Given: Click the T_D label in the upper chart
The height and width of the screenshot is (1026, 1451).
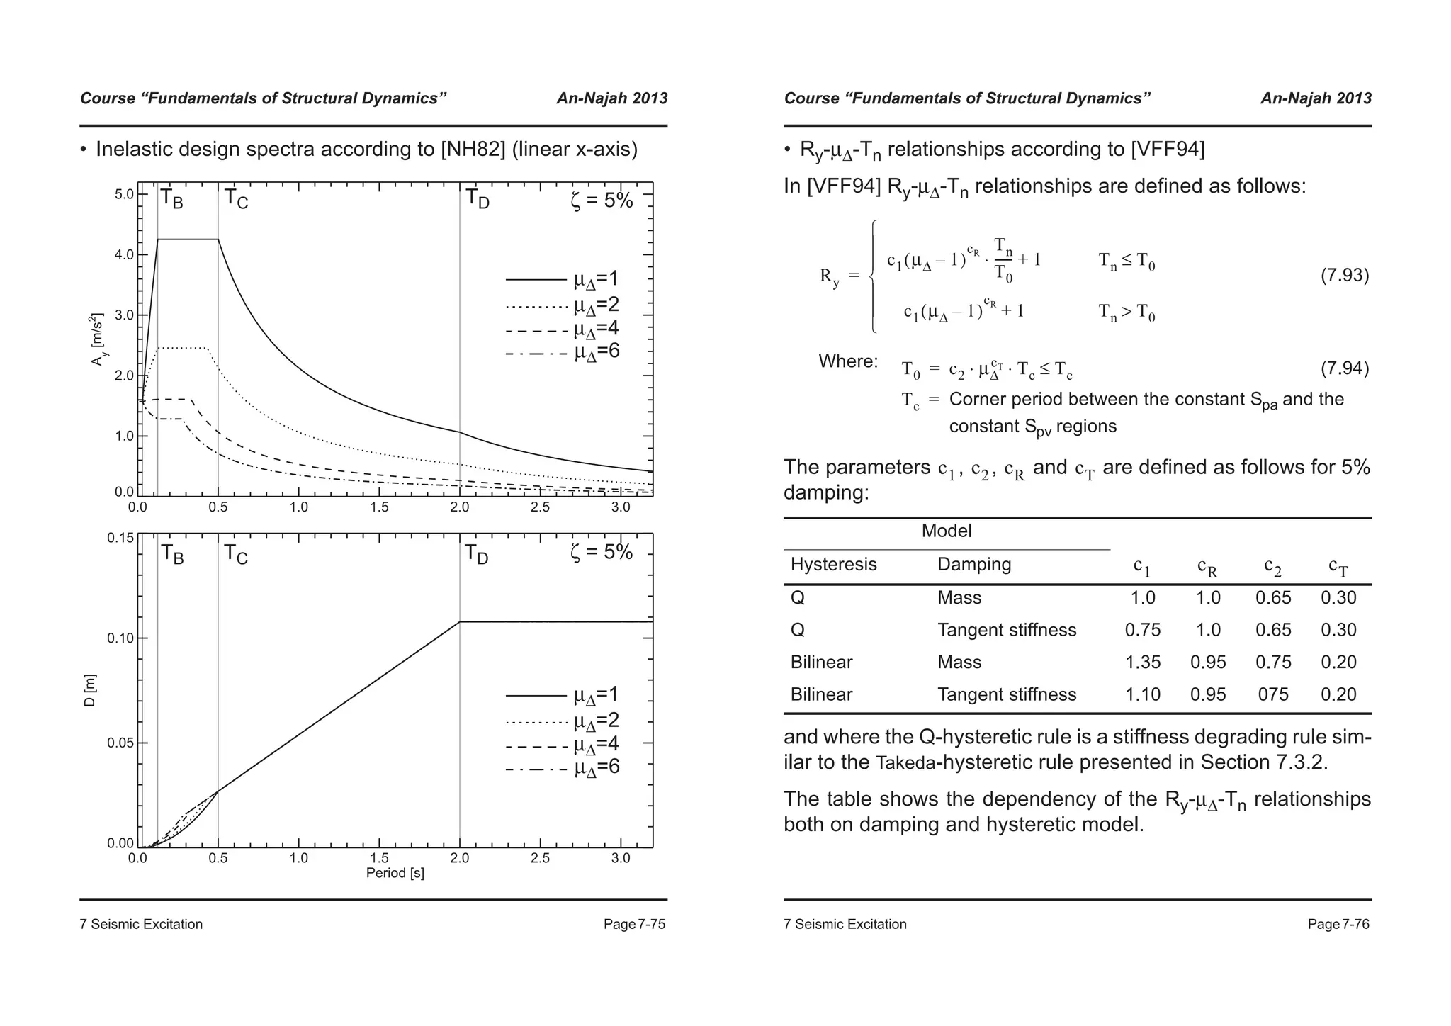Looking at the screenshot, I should pos(477,199).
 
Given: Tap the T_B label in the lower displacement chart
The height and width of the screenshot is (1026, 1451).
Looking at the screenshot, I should pos(171,554).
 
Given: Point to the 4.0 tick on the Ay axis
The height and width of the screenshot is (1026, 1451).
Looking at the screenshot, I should pos(124,254).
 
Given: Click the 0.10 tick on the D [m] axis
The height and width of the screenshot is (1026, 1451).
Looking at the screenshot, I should pos(120,638).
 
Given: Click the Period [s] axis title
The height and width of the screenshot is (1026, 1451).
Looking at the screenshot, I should pos(395,873).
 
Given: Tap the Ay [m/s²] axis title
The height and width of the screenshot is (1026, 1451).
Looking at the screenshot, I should pos(98,339).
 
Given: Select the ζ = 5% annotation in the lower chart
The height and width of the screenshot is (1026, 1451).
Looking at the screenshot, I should pos(601,552).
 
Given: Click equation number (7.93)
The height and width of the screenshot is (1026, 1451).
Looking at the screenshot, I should pos(1344,275).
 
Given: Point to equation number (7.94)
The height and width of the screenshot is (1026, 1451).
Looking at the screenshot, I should pos(1344,368).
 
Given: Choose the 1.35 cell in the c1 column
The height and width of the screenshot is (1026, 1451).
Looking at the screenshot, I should pos(1142,663).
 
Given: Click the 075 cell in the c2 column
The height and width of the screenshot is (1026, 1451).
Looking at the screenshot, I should pos(1272,694).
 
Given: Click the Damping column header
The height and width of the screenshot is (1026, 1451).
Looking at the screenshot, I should pos(973,565).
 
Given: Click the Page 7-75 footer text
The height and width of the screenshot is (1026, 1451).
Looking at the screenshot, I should pos(634,924).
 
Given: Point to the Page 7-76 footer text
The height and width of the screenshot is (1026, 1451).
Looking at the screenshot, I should pos(1338,924).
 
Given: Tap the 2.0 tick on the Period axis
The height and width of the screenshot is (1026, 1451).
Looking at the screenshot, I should pos(459,858).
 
